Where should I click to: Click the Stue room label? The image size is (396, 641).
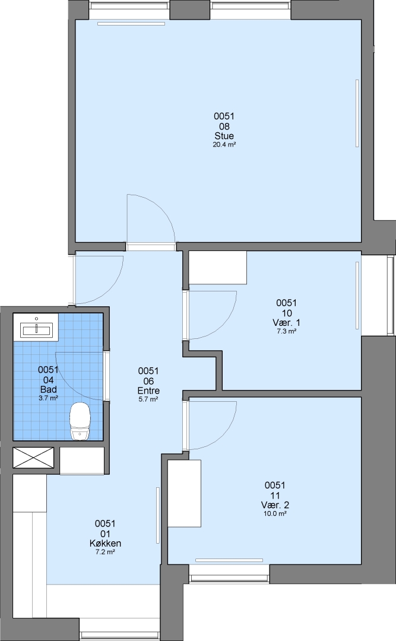click(x=224, y=136)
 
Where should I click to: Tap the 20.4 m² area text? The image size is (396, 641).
click(x=224, y=145)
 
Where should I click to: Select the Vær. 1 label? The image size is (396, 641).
click(x=286, y=323)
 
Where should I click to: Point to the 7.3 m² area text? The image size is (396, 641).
click(x=286, y=332)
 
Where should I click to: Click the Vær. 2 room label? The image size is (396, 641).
click(x=275, y=505)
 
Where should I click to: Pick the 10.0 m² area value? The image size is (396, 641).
click(x=275, y=514)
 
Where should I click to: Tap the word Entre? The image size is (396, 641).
click(x=148, y=391)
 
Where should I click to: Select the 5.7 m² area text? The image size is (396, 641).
click(x=148, y=399)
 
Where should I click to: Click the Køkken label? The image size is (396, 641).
click(x=105, y=543)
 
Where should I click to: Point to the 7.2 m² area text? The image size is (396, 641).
click(x=105, y=553)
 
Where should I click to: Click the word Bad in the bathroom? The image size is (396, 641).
click(x=48, y=389)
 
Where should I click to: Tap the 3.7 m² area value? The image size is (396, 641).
click(x=48, y=398)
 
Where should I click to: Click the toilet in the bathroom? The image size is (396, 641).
click(x=80, y=421)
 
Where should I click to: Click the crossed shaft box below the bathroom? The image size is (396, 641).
click(x=33, y=458)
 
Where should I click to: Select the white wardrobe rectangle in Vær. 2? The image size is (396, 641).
click(x=185, y=493)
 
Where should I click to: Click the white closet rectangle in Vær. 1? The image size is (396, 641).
click(x=218, y=267)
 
